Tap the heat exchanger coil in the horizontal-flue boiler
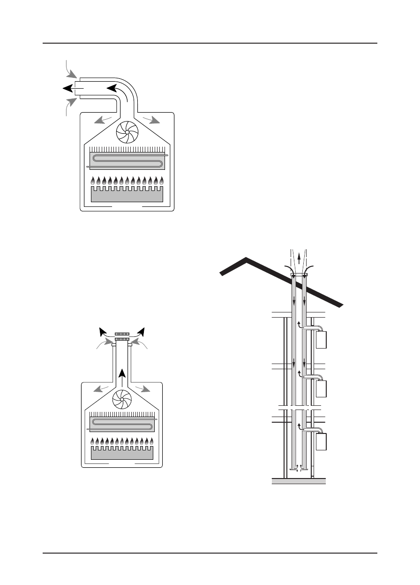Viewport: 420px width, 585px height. point(127,160)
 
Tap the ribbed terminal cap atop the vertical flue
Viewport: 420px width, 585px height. point(122,336)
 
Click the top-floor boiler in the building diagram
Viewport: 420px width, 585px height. point(321,340)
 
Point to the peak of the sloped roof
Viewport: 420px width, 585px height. point(246,258)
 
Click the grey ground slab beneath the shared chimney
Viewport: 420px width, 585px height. point(299,481)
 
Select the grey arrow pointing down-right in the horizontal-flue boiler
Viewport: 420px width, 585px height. point(151,119)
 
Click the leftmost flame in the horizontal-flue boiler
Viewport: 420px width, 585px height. point(93,181)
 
